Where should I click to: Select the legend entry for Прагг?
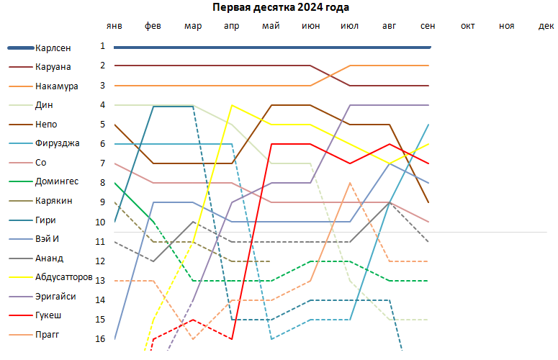[x=47, y=335]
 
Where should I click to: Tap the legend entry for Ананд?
[x=48, y=258]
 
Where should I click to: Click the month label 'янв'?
[x=114, y=27]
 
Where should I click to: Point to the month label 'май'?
[x=271, y=27]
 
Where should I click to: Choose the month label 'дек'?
[x=546, y=27]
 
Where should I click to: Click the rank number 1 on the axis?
[x=103, y=46]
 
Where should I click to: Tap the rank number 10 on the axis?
[x=101, y=222]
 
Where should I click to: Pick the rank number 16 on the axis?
[x=101, y=338]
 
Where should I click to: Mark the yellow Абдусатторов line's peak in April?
[x=232, y=105]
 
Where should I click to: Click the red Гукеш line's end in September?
[x=428, y=163]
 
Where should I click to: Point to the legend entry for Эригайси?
[x=53, y=297]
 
